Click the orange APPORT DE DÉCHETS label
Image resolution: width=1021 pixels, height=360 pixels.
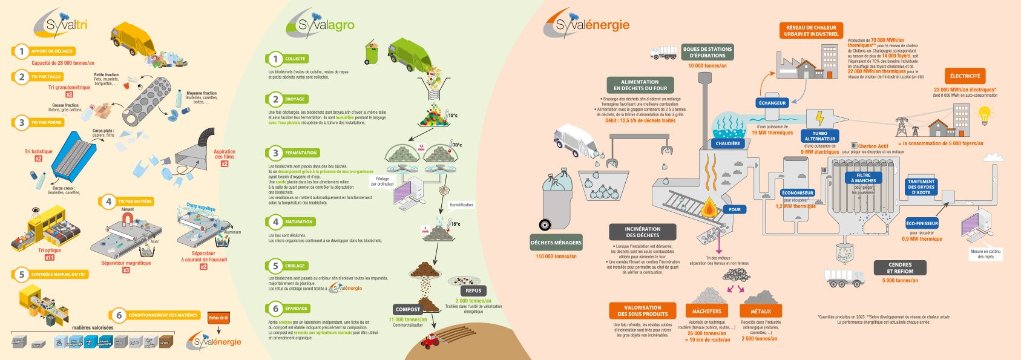tap(51, 51)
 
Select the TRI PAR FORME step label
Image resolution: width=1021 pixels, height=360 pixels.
tap(47, 123)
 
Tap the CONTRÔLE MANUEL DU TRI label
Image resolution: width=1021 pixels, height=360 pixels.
tap(58, 275)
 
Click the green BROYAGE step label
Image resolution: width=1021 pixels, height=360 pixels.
tap(295, 99)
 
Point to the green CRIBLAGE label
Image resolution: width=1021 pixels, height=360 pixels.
tap(295, 266)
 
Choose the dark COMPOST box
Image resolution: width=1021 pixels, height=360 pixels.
tap(407, 309)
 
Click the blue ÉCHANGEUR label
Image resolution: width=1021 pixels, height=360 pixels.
tap(772, 103)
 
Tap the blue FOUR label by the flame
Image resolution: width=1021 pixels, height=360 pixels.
tap(735, 209)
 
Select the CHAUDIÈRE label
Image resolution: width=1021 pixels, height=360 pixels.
tap(728, 143)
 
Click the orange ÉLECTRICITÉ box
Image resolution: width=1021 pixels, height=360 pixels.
tap(965, 76)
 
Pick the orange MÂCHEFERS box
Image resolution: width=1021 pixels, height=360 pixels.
tap(706, 311)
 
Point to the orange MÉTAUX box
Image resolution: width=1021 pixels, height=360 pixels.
tap(761, 311)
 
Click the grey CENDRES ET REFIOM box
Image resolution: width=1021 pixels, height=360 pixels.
tap(900, 268)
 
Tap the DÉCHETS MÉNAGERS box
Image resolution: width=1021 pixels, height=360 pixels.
tap(556, 243)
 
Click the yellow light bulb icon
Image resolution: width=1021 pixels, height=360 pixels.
tap(985, 114)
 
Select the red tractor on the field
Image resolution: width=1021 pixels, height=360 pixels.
tap(430, 341)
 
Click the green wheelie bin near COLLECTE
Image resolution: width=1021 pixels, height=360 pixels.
tap(372, 53)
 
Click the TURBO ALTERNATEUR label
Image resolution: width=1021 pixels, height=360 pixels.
tap(820, 136)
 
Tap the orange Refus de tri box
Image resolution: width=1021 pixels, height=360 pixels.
tap(218, 318)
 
